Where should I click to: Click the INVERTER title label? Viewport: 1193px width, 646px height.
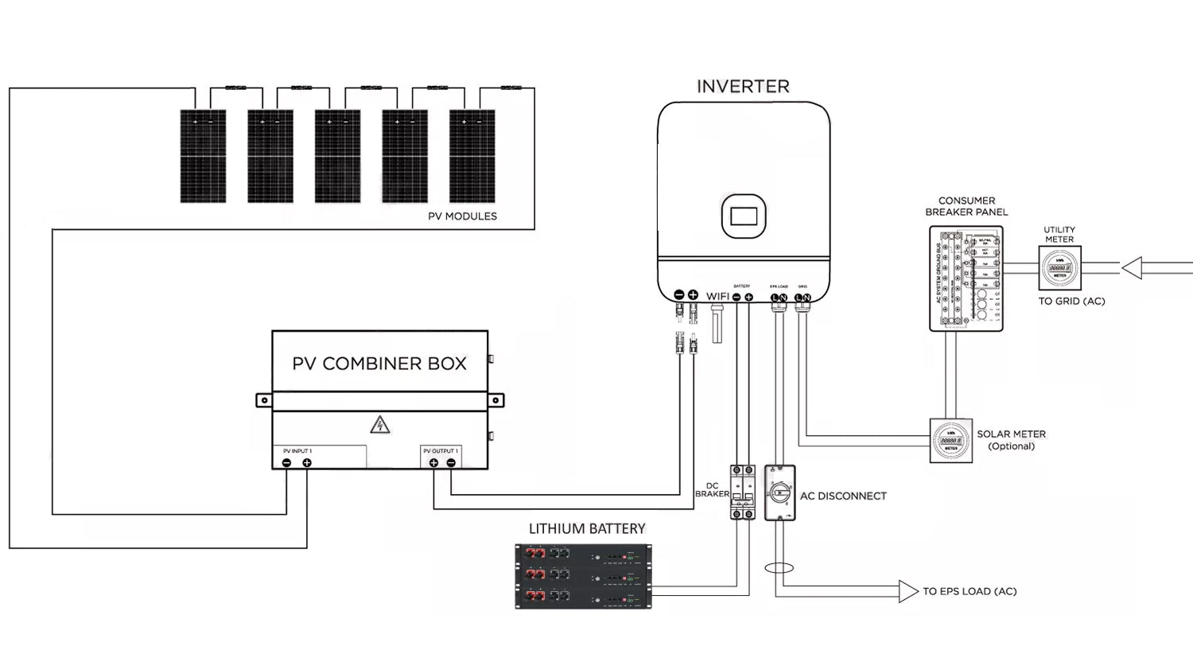click(743, 86)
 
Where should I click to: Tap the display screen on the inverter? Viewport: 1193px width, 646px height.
click(743, 216)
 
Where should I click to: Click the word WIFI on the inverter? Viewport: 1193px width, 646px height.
click(718, 296)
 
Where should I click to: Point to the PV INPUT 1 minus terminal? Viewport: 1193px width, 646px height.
click(287, 463)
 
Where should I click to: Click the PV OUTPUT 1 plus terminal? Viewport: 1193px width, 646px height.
click(433, 463)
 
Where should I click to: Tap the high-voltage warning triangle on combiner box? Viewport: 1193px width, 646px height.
click(379, 426)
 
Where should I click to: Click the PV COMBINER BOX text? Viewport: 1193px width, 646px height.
click(379, 364)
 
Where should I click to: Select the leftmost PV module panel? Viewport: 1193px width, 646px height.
click(202, 156)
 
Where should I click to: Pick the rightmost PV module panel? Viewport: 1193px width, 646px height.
click(472, 156)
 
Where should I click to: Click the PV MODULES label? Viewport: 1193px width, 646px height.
click(461, 216)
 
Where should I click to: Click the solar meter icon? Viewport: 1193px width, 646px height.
click(951, 441)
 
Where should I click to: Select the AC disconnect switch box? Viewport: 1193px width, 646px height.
click(779, 492)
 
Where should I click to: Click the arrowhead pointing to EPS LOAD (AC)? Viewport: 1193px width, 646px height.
click(907, 591)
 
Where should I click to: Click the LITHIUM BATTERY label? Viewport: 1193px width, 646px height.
click(587, 528)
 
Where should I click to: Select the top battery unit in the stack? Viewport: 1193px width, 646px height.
click(582, 553)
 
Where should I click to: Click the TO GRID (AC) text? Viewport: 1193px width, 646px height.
click(1071, 302)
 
